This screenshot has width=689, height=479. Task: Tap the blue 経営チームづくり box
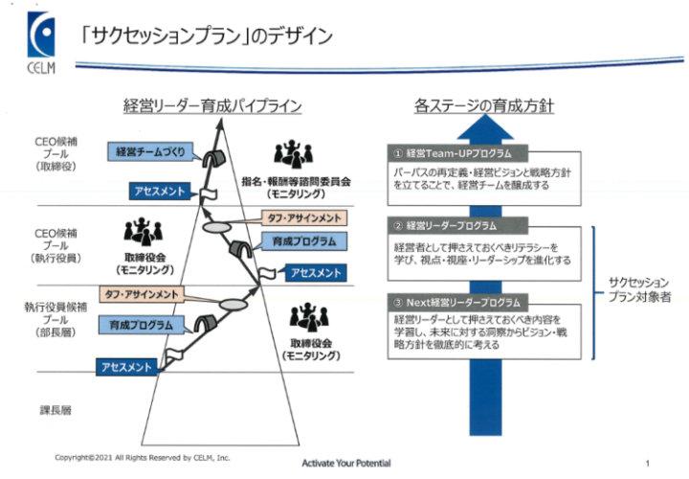click(154, 151)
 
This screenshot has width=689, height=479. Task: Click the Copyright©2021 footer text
click(143, 457)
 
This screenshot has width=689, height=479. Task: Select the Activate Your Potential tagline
click(346, 464)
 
